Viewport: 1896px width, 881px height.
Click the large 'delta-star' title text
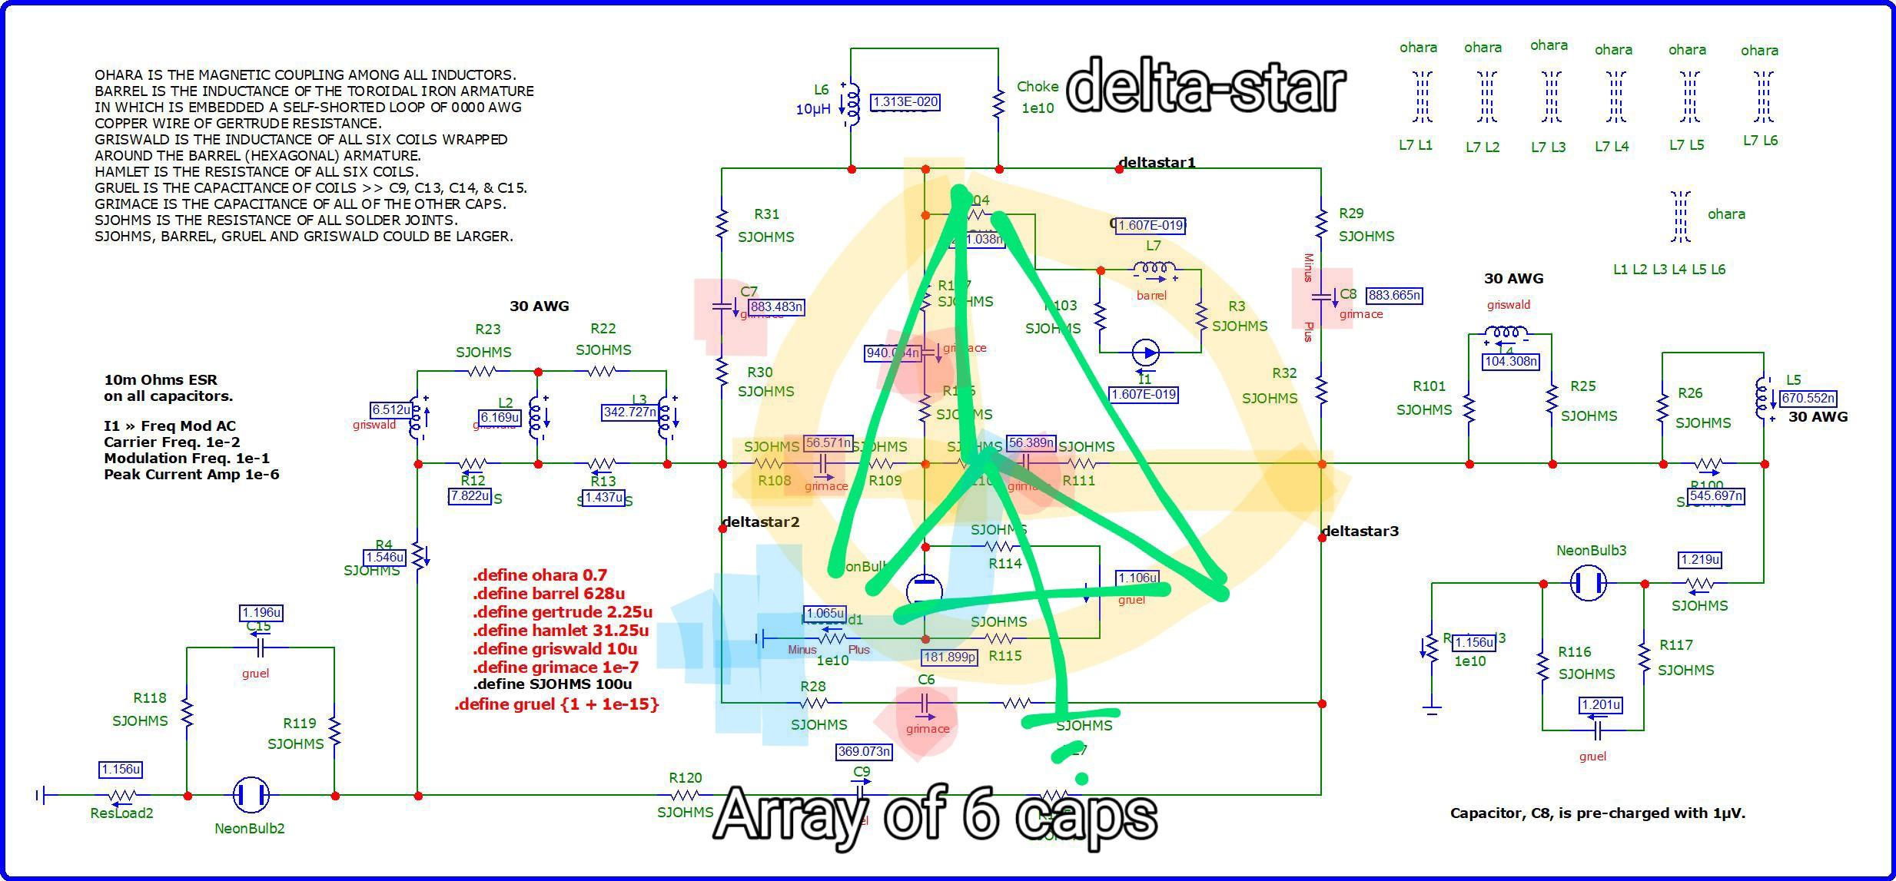(1205, 86)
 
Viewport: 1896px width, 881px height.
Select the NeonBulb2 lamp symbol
(251, 795)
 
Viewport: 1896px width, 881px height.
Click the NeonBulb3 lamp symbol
(1588, 583)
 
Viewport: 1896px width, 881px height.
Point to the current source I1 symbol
(1147, 353)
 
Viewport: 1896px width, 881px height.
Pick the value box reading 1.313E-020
(905, 101)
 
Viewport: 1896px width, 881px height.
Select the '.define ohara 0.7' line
(540, 575)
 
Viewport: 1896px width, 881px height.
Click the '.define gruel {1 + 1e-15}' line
(556, 704)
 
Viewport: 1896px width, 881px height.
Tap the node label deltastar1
(1157, 162)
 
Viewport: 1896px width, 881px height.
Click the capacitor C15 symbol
(260, 648)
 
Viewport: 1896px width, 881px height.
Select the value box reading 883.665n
(1394, 295)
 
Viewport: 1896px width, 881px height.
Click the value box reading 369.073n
(863, 751)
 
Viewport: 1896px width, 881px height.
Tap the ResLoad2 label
(121, 813)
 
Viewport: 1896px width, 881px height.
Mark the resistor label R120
(686, 777)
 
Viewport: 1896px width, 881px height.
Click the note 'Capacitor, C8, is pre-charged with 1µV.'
(1597, 813)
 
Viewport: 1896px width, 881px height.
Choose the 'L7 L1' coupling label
(1416, 145)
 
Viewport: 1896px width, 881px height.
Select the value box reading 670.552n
(1808, 398)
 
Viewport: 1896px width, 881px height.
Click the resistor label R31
(766, 214)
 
